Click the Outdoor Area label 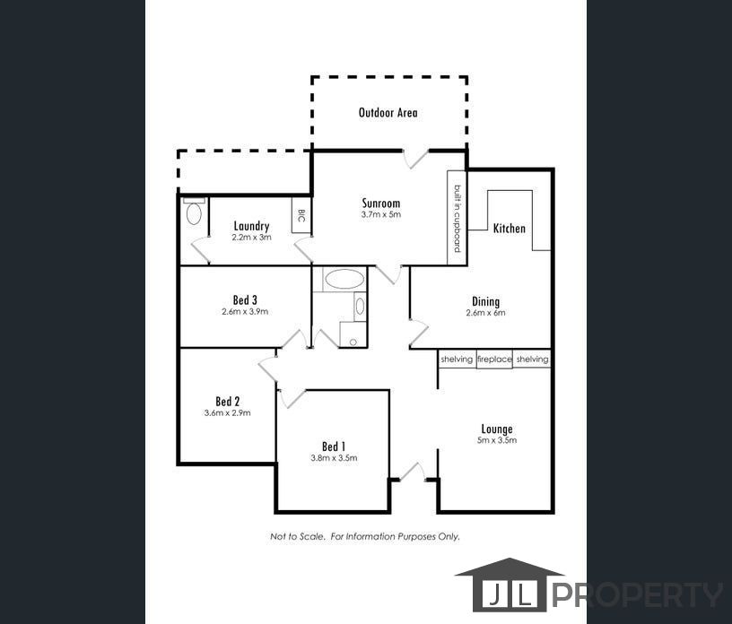tap(388, 113)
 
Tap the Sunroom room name tap(380, 204)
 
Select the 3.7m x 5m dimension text tap(380, 215)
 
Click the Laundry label tap(251, 226)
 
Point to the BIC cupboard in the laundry tap(301, 215)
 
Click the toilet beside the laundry tap(194, 214)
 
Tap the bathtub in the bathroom tap(344, 279)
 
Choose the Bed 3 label tap(245, 299)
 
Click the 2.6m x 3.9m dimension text tap(245, 312)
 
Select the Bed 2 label tap(227, 401)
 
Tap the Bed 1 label tap(334, 446)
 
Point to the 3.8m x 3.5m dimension tap(334, 458)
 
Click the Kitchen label tap(509, 229)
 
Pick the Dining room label tap(485, 301)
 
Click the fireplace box tap(494, 360)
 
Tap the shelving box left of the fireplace tap(457, 360)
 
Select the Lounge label tap(496, 429)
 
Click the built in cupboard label tap(457, 218)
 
